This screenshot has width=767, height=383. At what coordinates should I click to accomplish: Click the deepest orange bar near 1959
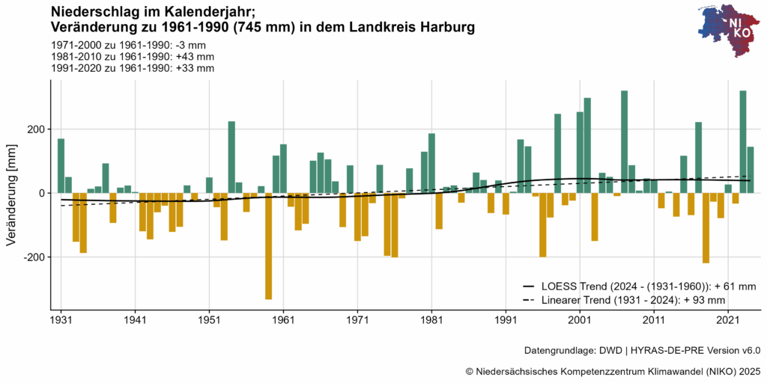pos(269,246)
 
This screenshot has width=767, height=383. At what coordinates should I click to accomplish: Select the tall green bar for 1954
pos(231,157)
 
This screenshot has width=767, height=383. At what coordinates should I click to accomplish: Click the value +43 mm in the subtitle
pos(195,56)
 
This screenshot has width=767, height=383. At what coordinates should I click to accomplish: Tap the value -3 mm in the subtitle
pos(193,45)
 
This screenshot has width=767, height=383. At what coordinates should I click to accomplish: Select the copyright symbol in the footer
pos(470,371)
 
